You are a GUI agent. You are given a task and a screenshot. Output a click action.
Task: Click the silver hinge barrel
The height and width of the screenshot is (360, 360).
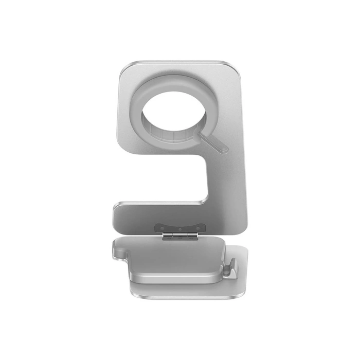[179, 235]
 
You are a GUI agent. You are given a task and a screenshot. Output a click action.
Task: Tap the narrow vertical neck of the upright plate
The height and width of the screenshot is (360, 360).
[226, 175]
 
